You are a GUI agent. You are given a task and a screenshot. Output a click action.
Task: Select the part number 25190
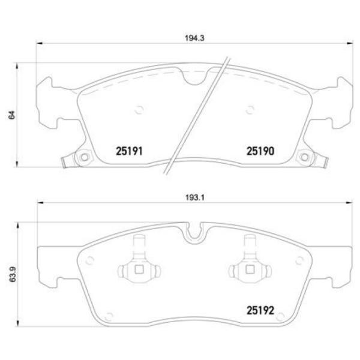[x=260, y=152]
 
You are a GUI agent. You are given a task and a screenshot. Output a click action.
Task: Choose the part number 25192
[x=260, y=311]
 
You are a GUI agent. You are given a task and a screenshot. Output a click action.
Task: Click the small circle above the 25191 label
[x=139, y=110]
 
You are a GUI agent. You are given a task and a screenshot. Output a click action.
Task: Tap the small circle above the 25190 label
[x=249, y=109]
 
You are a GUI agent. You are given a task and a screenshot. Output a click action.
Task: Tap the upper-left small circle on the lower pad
[x=91, y=260]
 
